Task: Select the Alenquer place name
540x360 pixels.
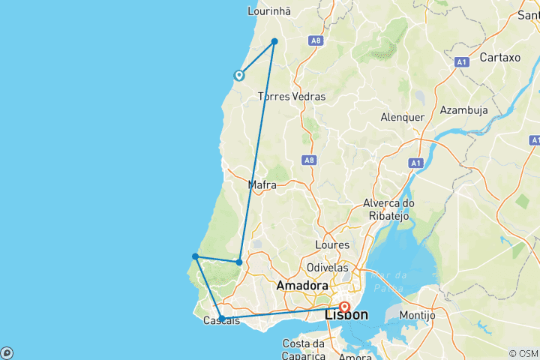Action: click(x=403, y=117)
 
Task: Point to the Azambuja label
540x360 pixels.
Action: click(x=464, y=109)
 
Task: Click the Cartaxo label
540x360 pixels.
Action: click(x=499, y=57)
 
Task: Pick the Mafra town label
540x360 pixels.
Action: click(x=262, y=184)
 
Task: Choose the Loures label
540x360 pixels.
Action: click(x=333, y=245)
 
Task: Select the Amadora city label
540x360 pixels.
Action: click(x=301, y=286)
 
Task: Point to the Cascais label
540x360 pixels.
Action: click(x=222, y=321)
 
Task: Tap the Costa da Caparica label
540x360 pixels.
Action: click(x=302, y=349)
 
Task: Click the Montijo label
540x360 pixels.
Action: click(x=418, y=316)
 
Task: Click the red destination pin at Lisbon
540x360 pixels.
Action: click(x=344, y=307)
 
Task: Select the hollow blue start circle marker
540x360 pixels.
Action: click(x=239, y=75)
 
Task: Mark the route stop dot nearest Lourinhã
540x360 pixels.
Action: click(x=274, y=41)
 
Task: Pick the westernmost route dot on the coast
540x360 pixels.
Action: click(x=195, y=256)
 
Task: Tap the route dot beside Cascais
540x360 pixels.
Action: click(x=222, y=319)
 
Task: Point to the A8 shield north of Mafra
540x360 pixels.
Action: click(x=308, y=160)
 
